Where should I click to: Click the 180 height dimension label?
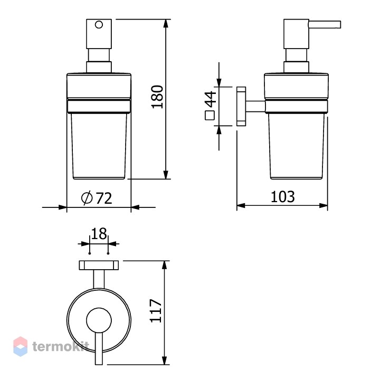tap(157, 97)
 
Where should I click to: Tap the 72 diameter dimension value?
tap(104, 198)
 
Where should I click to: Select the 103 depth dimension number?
tap(283, 197)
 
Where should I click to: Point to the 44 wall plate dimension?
tap(211, 99)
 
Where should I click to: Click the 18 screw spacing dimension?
tap(99, 234)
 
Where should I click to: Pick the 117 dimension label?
tap(156, 311)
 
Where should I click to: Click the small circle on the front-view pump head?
tap(99, 25)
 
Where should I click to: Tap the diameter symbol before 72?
tap(87, 198)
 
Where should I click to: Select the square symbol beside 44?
tap(210, 115)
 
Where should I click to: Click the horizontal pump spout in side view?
tap(325, 25)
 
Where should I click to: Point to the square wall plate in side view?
tap(241, 106)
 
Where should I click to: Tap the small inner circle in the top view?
tap(99, 320)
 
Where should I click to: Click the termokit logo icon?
tap(21, 346)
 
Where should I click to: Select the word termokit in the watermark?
tap(60, 347)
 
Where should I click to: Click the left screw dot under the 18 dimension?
tap(90, 253)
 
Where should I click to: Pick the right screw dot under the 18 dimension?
tap(108, 253)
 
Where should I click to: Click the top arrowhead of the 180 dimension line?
tap(166, 24)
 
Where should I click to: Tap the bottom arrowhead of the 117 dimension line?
tap(165, 360)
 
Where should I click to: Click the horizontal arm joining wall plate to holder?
tap(255, 106)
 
